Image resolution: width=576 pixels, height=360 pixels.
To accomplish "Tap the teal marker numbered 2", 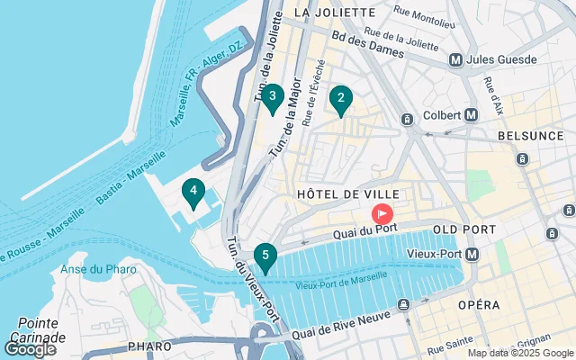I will coord(340,100).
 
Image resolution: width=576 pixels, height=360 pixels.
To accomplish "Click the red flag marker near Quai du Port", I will coord(382,214).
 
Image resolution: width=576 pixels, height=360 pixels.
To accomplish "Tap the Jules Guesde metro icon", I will coord(456,60).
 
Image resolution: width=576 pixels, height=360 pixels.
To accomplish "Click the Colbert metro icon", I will coord(471,114).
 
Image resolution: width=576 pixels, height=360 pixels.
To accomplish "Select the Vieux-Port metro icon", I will coord(472,256).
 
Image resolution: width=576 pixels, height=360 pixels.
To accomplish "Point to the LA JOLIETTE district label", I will coord(334,13).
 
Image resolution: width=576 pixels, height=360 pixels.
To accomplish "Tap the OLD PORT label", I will coord(463,229).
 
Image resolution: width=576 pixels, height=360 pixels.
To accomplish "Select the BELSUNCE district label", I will coord(529,135).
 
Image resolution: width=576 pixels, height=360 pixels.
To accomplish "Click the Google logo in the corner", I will coord(30,348).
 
